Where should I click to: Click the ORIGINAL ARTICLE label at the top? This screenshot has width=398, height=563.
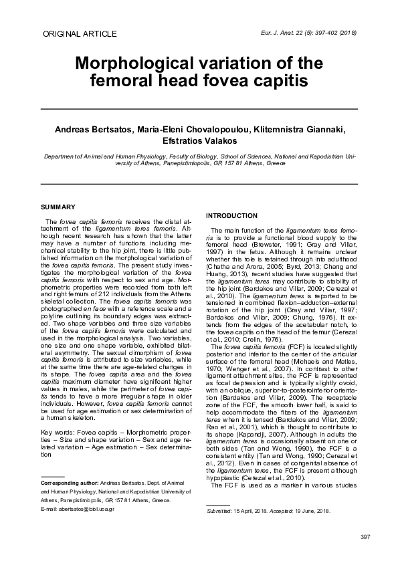79,33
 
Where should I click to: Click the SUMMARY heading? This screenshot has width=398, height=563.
58,207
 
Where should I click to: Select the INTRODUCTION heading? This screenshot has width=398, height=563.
231,215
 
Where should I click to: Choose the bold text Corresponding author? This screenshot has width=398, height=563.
70,483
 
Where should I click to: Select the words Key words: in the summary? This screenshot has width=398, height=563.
58,433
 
